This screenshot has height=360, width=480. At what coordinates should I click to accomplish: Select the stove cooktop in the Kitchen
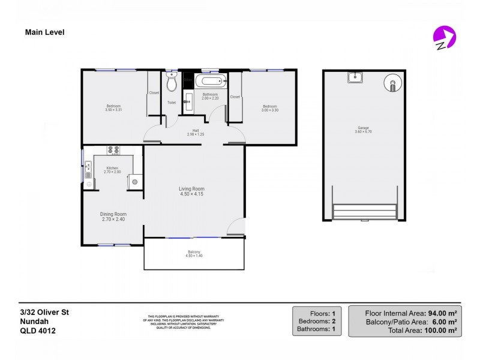113,151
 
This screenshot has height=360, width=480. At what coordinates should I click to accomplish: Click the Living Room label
192,192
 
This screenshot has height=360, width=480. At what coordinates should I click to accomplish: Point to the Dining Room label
113,217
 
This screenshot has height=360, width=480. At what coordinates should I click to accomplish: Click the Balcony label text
193,252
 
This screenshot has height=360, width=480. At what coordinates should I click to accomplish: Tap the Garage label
363,128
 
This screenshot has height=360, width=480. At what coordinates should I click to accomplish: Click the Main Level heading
44,32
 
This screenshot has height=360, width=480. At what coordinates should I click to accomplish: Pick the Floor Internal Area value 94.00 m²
442,313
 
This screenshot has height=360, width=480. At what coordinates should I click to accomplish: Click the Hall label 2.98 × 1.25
195,133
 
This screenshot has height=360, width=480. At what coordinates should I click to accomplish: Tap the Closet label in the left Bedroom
154,93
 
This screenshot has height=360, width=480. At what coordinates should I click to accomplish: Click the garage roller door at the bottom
365,212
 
